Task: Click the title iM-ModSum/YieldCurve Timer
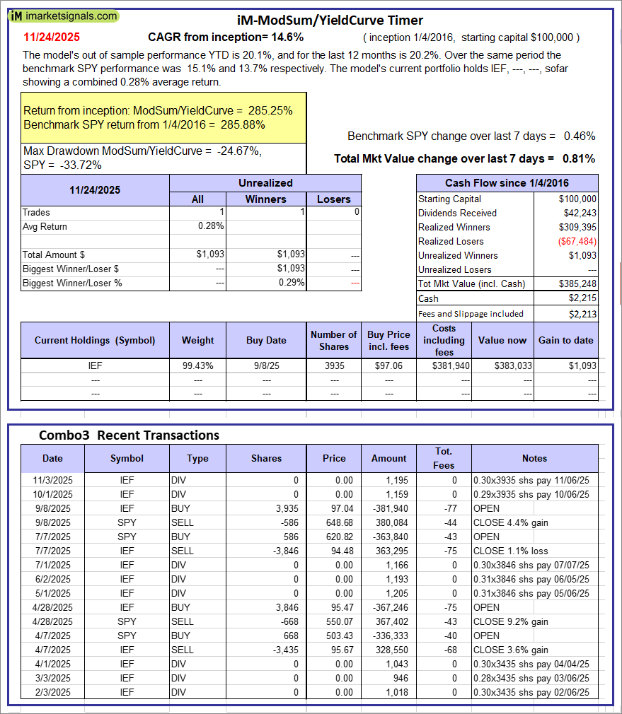click(x=330, y=21)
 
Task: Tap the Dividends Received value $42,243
click(x=578, y=213)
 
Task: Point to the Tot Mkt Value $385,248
click(x=577, y=283)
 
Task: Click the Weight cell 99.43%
click(x=197, y=366)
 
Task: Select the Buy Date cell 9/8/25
click(x=266, y=366)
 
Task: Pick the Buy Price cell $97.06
click(x=388, y=366)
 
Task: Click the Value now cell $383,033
click(x=504, y=366)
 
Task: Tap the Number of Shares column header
click(x=334, y=340)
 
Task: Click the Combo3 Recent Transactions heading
click(x=129, y=435)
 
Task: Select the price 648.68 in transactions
click(x=334, y=522)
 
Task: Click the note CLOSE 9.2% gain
click(x=510, y=621)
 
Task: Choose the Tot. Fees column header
click(x=444, y=458)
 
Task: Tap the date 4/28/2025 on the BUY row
click(x=52, y=607)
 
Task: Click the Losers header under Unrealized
click(x=334, y=199)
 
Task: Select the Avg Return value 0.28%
click(x=212, y=226)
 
